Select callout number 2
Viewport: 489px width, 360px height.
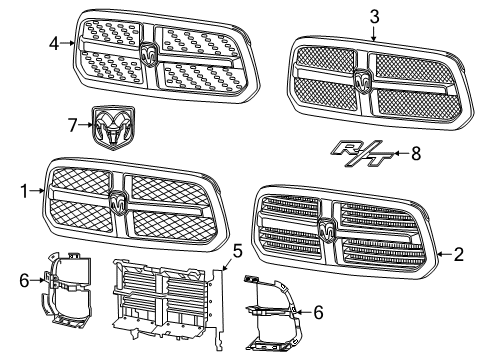[x=458, y=255]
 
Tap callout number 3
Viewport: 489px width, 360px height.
[x=374, y=16]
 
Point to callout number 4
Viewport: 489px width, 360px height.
[x=55, y=43]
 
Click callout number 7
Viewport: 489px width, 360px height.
[x=71, y=124]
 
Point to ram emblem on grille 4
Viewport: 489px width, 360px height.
[x=150, y=55]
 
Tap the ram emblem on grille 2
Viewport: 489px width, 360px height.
[x=327, y=229]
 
